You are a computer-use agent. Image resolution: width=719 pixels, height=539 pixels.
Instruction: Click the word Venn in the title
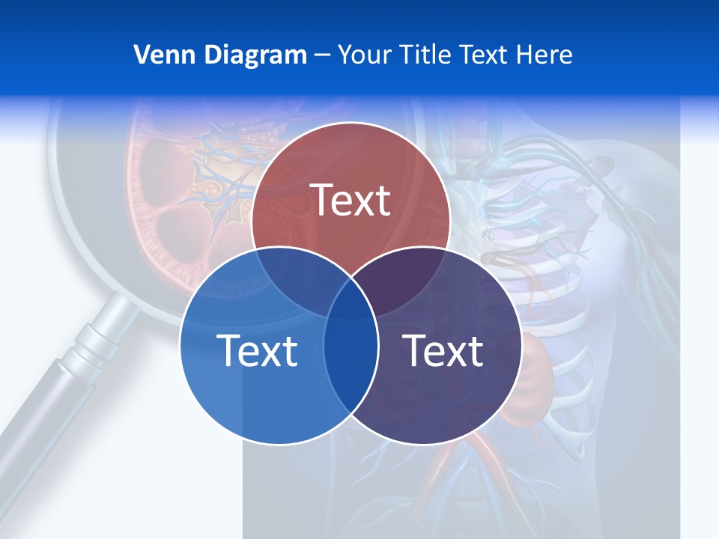point(159,55)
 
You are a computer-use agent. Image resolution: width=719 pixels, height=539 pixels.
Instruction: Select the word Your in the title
point(365,55)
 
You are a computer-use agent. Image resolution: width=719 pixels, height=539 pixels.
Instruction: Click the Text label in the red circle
point(351,200)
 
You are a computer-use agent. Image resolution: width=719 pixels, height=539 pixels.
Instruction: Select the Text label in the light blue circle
point(257,350)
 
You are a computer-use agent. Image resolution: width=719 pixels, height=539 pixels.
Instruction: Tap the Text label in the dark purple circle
point(443,350)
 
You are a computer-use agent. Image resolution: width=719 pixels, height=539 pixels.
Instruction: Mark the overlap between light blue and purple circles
point(351,359)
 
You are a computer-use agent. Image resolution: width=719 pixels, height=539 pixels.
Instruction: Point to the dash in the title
point(322,55)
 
